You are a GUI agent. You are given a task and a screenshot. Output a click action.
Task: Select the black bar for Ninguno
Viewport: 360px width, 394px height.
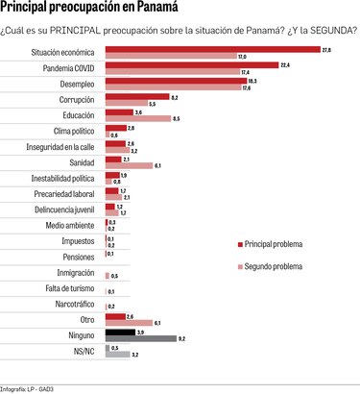click(x=119, y=332)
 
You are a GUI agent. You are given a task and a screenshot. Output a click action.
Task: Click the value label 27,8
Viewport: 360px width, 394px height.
click(x=326, y=49)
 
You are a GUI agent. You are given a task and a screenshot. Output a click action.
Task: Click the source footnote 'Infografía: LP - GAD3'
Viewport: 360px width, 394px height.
click(x=33, y=387)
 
